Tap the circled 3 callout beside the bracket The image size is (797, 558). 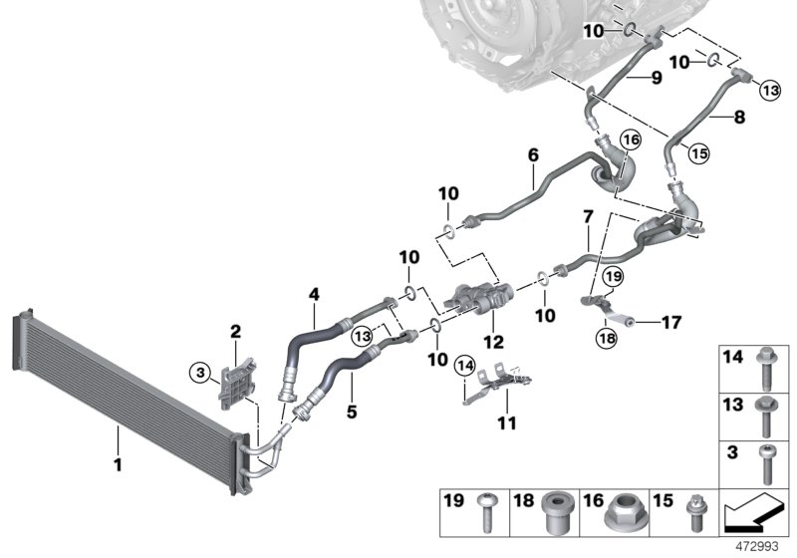point(200,373)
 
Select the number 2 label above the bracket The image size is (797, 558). point(236,331)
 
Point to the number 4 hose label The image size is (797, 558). point(314,295)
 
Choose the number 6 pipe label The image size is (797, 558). point(533,155)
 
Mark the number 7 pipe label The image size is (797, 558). point(588,216)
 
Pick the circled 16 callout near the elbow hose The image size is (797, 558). point(629,140)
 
